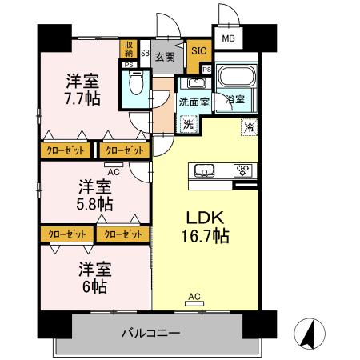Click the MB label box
coord(229,38)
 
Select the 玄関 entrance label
coord(166,57)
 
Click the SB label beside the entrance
coord(145,54)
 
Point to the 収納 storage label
coord(129,50)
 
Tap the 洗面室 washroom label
coord(193,102)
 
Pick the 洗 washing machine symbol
coord(188,124)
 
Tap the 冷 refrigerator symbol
coord(250,126)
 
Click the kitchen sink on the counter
coord(202,170)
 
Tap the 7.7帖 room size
coord(82,99)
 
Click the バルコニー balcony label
coord(151,332)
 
